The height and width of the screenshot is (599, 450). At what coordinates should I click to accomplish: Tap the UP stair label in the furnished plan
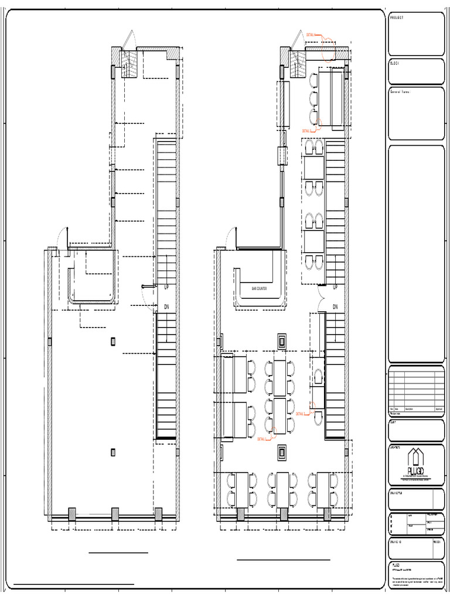(336, 287)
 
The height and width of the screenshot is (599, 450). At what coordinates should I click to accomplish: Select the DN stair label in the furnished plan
(336, 307)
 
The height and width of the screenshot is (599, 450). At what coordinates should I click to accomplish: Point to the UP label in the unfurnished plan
(166, 287)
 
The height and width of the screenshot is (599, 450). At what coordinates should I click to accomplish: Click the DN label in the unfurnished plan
(166, 307)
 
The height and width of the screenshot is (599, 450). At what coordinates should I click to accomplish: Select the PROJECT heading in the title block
(397, 18)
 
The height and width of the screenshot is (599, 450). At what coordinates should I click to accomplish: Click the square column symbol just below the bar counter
(282, 340)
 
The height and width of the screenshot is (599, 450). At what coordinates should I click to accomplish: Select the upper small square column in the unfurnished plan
(113, 340)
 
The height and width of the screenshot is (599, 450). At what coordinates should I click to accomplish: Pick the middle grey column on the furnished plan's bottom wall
(282, 514)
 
